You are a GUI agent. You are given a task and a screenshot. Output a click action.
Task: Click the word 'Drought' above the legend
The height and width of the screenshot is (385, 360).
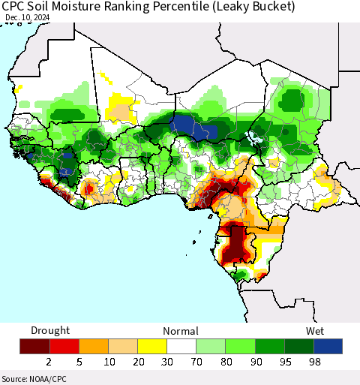point(50,330)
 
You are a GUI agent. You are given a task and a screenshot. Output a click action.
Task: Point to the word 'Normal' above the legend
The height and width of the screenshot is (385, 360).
point(179,330)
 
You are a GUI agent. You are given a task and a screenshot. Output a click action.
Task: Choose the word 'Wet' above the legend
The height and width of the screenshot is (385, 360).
point(314,330)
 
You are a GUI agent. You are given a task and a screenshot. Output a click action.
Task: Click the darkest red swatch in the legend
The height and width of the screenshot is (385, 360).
point(34,346)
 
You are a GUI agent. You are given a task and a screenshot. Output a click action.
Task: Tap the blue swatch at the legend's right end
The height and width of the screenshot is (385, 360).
point(328,346)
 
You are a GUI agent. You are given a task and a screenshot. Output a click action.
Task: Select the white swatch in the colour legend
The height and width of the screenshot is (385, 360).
point(181,346)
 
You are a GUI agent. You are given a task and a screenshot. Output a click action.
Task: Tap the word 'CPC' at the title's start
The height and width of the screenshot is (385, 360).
point(14,7)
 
